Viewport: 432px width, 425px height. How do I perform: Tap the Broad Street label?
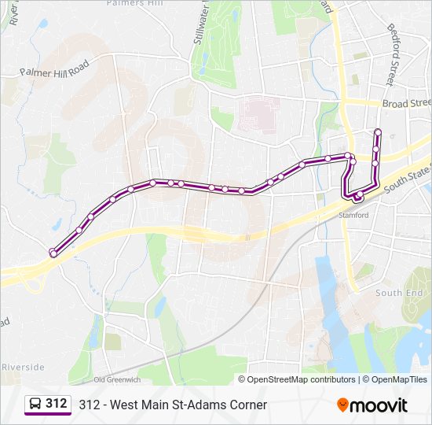406,103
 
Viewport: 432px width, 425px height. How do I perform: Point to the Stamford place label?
353,215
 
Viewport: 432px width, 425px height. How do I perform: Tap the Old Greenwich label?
116,379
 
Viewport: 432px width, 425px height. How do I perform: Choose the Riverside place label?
23,367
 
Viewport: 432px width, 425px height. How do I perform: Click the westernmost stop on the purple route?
53,253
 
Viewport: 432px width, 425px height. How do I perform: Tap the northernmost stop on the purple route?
378,131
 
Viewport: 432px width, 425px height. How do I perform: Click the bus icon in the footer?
35,405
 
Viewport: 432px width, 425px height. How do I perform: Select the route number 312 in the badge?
56,404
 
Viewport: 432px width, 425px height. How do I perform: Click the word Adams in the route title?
196,405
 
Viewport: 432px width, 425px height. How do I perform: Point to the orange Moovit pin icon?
342,405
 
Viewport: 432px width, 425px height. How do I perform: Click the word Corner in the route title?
245,405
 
